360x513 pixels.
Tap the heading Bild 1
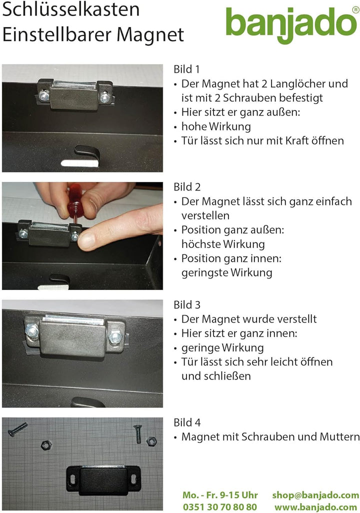point(186,69)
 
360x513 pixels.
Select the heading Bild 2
point(187,187)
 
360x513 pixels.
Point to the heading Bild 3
point(187,305)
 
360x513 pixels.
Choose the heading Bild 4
point(187,423)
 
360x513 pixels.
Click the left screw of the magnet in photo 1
point(44,95)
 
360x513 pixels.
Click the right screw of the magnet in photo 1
point(104,97)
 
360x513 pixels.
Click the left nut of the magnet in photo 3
point(32,331)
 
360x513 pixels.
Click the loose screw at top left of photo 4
point(17,429)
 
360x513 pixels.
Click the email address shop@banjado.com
point(315,495)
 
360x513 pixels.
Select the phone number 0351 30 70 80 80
point(220,506)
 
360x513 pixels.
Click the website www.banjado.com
point(316,506)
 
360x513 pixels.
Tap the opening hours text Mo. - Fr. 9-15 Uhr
point(220,495)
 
